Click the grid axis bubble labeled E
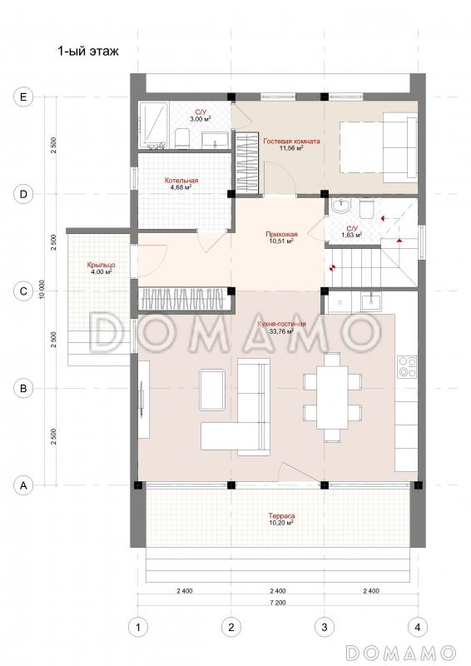[23, 97]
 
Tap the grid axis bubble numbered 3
[325, 627]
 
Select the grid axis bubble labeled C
[23, 291]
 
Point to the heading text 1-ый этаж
[88, 52]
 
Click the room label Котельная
[181, 181]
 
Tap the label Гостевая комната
[291, 142]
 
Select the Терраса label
[281, 516]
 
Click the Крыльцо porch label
[101, 265]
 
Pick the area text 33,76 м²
[281, 331]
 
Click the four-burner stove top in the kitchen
[406, 367]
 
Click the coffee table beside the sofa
[212, 390]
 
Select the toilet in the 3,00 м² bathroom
[182, 139]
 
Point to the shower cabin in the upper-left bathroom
[153, 124]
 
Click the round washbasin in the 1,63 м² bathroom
[341, 206]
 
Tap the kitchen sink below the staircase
[372, 302]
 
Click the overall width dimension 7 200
[278, 602]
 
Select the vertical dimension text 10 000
[42, 291]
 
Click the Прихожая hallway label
[281, 234]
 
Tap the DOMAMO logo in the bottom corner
[400, 652]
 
